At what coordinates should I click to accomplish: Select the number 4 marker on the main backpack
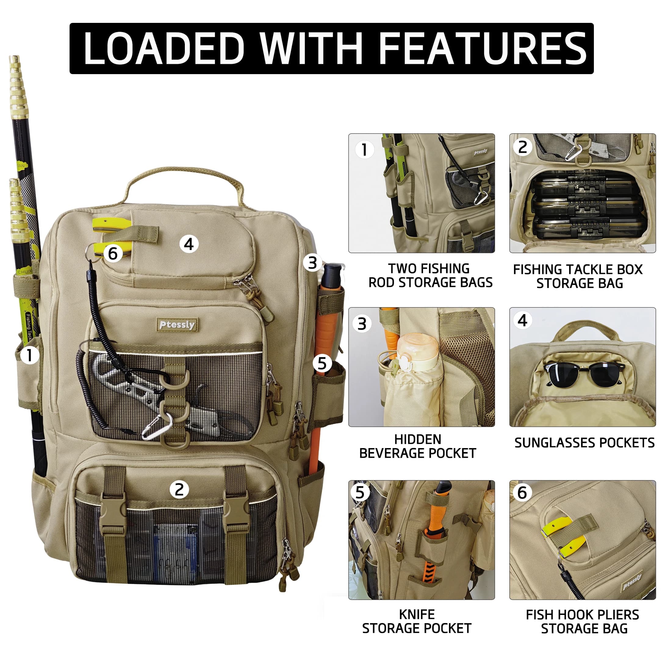189,244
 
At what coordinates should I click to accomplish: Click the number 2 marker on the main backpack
179,490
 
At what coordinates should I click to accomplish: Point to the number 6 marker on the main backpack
113,254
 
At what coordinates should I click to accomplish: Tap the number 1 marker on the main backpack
29,355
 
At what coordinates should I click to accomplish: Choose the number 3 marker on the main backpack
313,263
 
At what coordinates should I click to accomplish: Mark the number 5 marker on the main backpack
322,363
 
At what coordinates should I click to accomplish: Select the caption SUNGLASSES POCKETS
584,443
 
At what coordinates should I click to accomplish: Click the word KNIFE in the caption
417,615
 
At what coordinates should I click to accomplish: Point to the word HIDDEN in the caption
418,440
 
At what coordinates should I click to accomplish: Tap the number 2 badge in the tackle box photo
523,147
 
